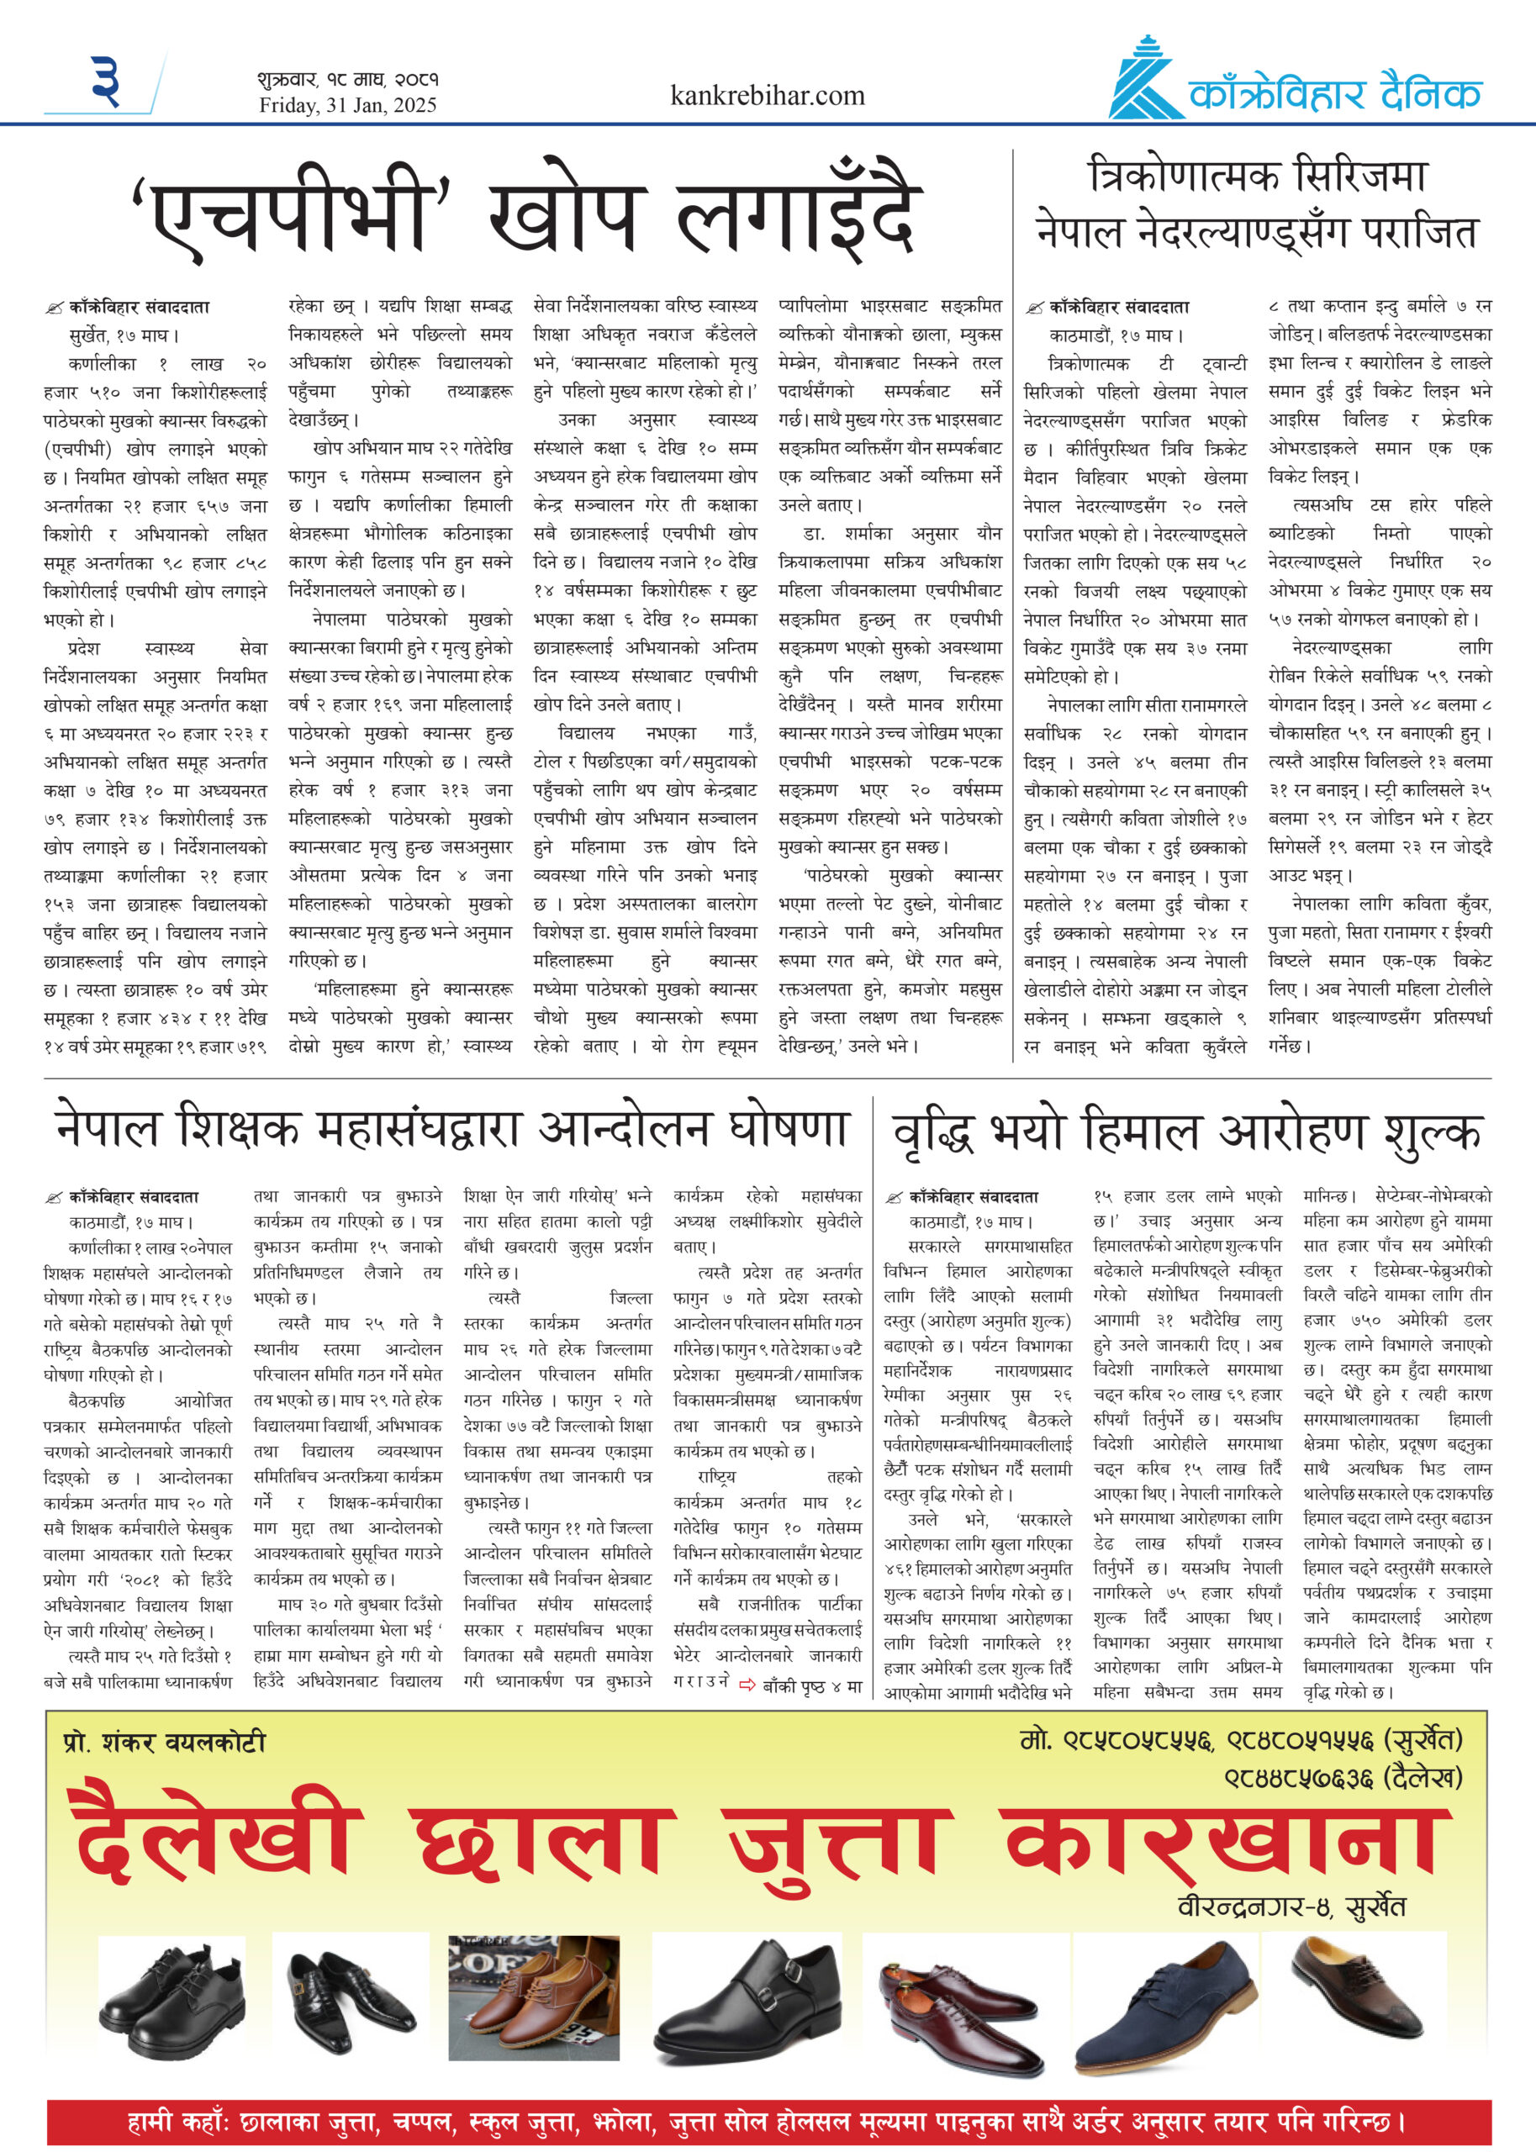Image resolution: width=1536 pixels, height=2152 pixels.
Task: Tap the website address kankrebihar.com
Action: point(767,96)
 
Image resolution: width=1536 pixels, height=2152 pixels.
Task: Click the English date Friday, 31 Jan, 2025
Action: point(348,106)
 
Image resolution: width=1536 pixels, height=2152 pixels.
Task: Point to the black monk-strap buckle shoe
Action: point(747,2002)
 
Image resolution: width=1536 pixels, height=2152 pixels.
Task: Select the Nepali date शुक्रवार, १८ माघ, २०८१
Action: point(347,79)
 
